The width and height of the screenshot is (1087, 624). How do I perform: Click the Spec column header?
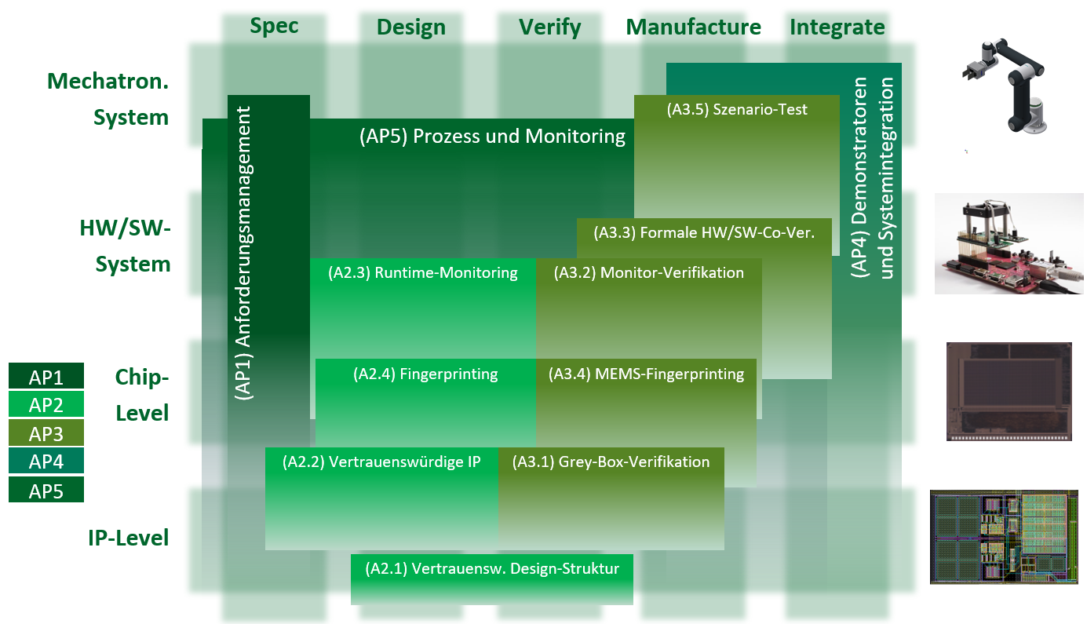coord(274,26)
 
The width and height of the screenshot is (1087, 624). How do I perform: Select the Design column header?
coord(410,27)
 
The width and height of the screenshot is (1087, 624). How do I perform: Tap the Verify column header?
coord(549,27)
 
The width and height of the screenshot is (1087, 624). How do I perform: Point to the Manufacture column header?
coord(693,27)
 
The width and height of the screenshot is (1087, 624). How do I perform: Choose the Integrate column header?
coord(837,27)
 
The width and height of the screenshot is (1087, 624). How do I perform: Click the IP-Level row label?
coord(129,538)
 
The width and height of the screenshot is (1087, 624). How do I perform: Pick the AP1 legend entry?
coord(46,378)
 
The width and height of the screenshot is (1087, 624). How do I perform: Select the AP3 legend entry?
coord(46,433)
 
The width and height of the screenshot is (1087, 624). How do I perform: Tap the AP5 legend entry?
coord(46,491)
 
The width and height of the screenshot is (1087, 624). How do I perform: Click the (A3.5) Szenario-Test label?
coord(737,110)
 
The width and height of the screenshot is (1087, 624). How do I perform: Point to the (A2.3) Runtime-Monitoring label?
coord(423,273)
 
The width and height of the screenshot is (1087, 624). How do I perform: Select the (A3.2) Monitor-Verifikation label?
coord(648,273)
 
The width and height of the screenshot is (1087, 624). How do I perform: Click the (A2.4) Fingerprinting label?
coord(425,374)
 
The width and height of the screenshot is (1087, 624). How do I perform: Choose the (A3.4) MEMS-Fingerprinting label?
coord(646,374)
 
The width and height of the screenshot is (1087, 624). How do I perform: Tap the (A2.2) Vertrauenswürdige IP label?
coord(381,462)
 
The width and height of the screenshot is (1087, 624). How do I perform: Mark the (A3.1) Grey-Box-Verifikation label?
coord(611,462)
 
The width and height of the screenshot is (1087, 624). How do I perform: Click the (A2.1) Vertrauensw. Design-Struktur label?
coord(492,569)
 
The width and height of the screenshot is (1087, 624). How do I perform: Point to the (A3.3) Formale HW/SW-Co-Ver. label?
coord(703,233)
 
